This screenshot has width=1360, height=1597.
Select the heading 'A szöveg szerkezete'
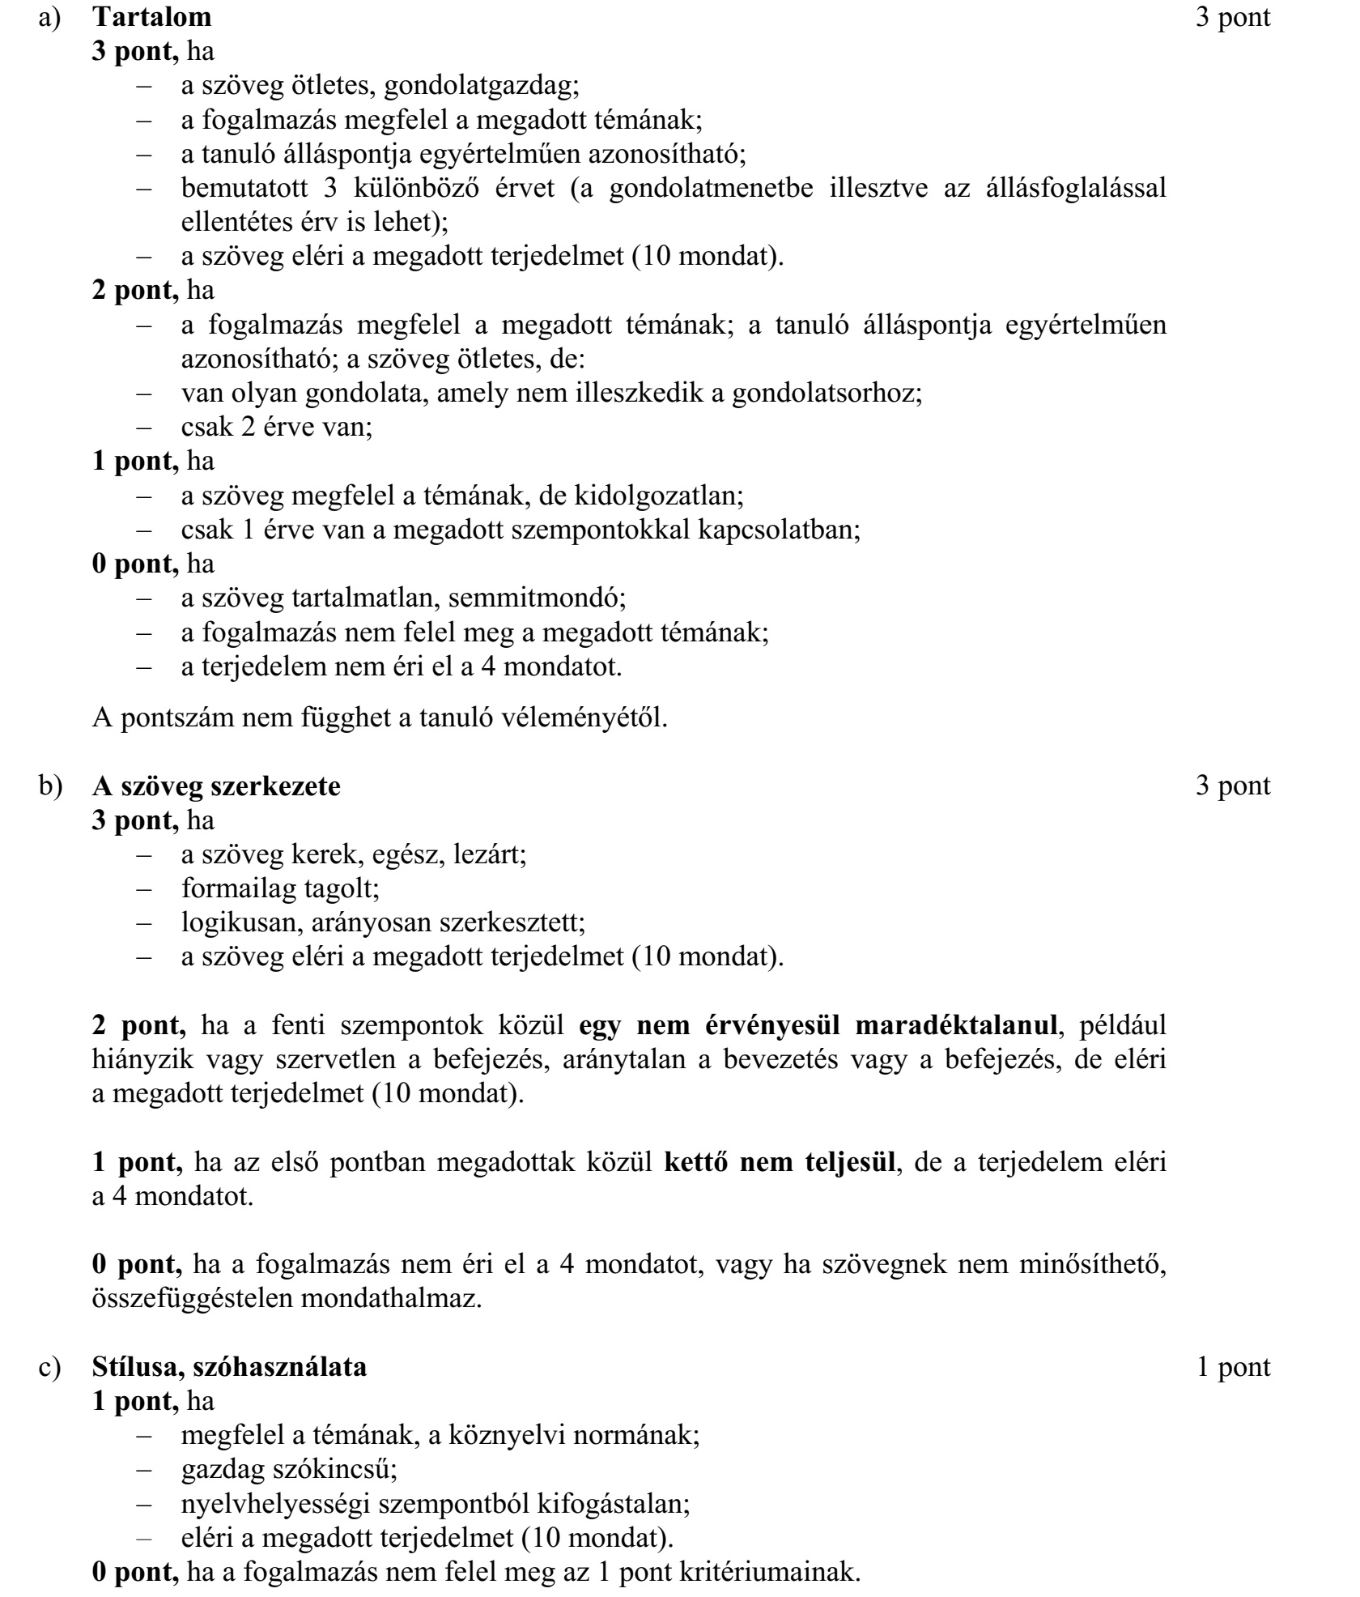[x=216, y=786]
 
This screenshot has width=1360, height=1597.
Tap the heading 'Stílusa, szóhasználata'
[x=229, y=1368]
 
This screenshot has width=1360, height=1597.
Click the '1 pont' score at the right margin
[x=1234, y=1368]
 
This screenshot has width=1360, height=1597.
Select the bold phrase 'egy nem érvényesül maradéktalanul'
[x=818, y=1026]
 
